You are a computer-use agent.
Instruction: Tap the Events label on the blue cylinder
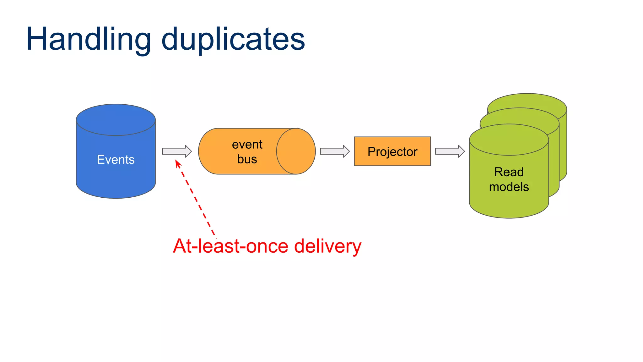[x=116, y=160]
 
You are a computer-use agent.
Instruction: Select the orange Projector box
[x=392, y=151]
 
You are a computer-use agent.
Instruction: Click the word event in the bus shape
[x=247, y=145]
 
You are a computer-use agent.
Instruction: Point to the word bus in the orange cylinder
[x=247, y=159]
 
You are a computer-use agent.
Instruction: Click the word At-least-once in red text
[x=230, y=246]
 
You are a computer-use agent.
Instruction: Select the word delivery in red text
[x=328, y=246]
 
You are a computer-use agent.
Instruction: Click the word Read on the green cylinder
[x=509, y=172]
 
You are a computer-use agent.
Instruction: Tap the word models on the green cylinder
[x=509, y=187]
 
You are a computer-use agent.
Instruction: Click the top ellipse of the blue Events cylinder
[x=116, y=120]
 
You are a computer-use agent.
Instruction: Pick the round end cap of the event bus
[x=296, y=151]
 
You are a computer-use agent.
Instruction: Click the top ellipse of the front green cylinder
[x=509, y=140]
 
